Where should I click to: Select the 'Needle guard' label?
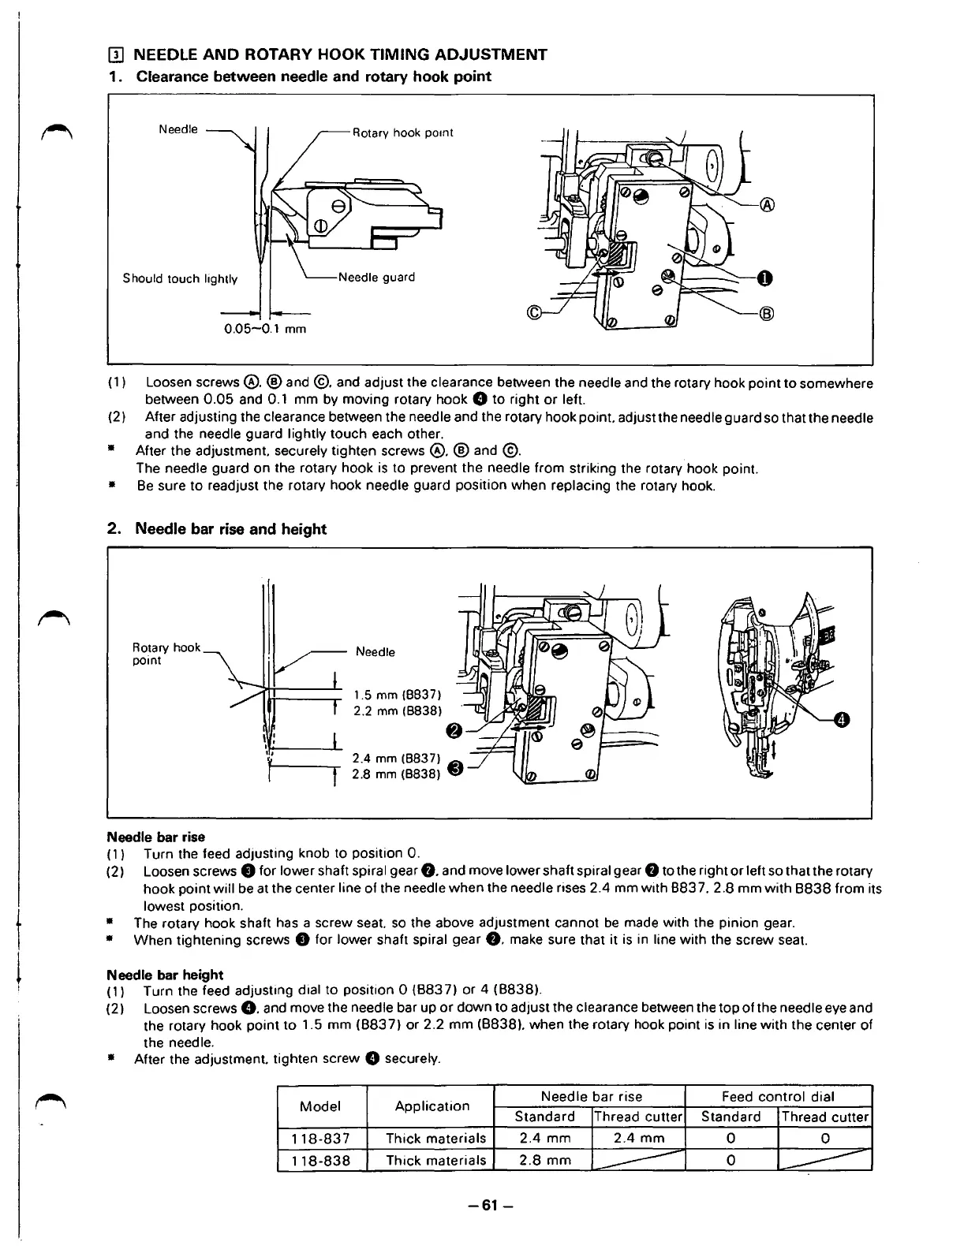[x=376, y=277]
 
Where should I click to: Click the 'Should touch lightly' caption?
[x=180, y=278]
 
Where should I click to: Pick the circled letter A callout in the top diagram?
[x=765, y=207]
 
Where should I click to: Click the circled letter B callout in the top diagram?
[x=765, y=315]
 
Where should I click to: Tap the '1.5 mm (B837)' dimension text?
[x=402, y=695]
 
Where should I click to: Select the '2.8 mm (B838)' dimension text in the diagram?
[x=395, y=774]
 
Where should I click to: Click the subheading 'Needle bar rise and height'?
[x=230, y=528]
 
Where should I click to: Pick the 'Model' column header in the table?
[x=320, y=1106]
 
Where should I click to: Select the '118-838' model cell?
[x=320, y=1160]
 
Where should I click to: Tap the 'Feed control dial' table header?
[x=778, y=1096]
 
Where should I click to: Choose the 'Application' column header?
[x=429, y=1106]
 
